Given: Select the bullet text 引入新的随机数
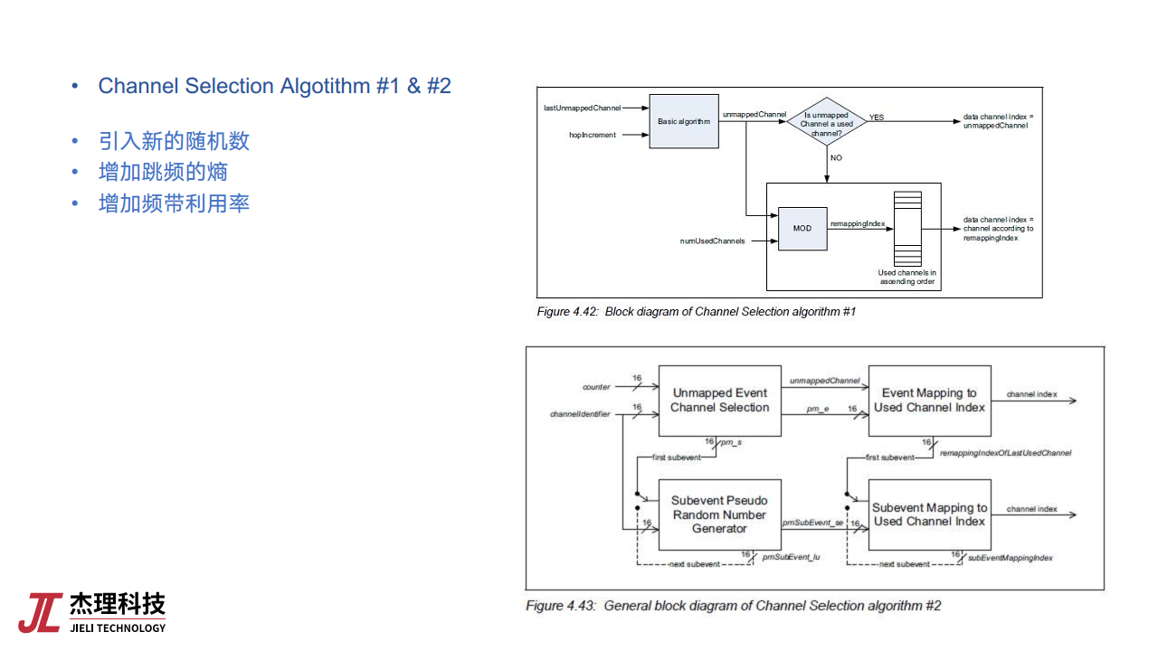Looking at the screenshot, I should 174,141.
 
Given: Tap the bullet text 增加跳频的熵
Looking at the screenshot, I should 163,172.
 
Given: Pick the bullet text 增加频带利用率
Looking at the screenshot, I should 174,203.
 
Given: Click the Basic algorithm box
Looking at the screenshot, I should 684,121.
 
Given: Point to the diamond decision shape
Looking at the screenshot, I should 826,121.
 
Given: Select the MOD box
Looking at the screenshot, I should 802,229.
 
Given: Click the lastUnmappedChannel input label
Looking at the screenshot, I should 582,108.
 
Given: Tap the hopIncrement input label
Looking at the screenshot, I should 593,135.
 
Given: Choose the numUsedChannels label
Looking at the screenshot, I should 712,241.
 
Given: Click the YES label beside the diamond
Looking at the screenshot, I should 877,118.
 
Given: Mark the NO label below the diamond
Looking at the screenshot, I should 836,158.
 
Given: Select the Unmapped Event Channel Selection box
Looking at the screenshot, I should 719,401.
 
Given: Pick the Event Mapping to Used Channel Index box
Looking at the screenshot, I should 929,401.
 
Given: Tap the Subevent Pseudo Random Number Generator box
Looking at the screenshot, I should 719,514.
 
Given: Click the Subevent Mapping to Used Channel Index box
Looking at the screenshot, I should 929,514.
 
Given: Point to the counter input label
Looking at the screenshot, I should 596,387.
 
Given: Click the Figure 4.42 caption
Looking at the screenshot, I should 696,312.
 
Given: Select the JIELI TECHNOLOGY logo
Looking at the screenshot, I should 92,612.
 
